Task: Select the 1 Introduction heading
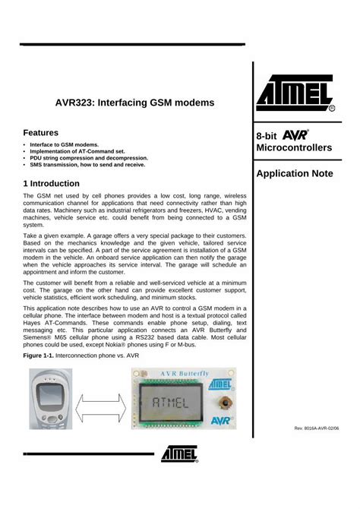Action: (x=52, y=183)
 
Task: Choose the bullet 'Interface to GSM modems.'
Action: (x=65, y=144)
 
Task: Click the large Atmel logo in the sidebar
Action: (x=298, y=94)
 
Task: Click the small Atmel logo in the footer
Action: (x=180, y=454)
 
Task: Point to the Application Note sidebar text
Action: (x=295, y=173)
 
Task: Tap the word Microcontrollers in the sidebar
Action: (x=294, y=147)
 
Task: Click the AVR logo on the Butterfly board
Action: (x=222, y=419)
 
